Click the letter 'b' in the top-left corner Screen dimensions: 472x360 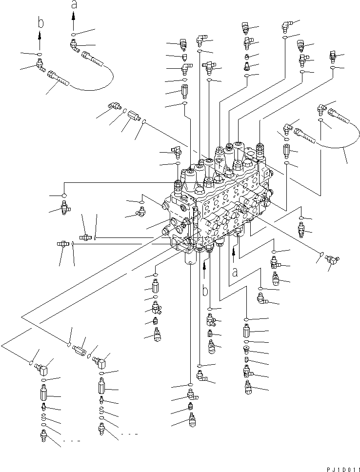(x=40, y=23)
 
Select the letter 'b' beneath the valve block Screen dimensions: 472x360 (x=205, y=291)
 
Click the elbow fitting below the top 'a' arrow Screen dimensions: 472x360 (x=74, y=46)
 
